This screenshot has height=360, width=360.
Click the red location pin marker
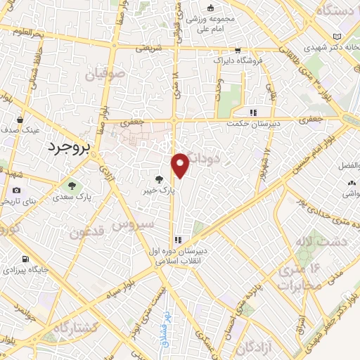(181, 165)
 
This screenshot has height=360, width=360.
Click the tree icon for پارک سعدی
(70, 186)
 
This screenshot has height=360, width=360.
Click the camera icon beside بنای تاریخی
(16, 191)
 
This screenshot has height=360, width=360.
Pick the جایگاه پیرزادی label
(25, 269)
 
